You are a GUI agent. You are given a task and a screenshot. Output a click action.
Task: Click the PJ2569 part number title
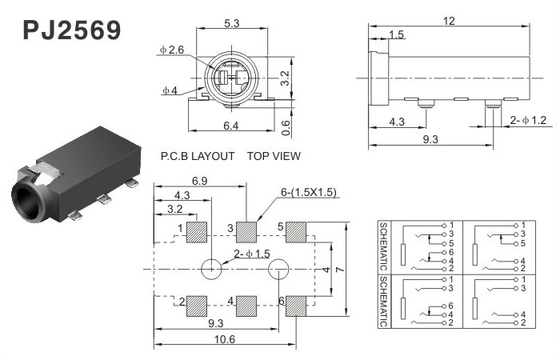[72, 30]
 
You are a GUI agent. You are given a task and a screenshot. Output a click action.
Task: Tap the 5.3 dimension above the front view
[231, 23]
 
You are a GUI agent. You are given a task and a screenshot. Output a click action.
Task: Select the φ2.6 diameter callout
[171, 50]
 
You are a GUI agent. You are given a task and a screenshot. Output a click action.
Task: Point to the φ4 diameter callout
[170, 90]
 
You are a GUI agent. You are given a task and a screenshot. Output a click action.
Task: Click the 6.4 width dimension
[230, 126]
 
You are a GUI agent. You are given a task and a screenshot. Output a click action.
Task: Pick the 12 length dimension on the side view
[449, 21]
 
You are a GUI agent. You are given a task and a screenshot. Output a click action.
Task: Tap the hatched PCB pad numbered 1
[197, 232]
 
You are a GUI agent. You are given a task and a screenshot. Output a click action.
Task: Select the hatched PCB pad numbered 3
[246, 232]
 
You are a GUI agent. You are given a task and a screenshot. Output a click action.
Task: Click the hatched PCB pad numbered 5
[296, 232]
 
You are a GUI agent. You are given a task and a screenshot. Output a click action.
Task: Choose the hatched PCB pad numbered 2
[197, 306]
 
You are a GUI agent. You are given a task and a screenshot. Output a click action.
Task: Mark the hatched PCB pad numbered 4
[246, 306]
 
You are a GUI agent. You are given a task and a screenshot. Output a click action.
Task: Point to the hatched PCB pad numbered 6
[296, 306]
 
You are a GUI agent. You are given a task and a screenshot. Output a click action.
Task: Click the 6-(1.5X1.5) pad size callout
[309, 192]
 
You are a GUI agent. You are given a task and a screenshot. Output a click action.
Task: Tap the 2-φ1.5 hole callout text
[252, 254]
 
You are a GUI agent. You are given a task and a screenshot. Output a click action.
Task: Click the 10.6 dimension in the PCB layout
[225, 339]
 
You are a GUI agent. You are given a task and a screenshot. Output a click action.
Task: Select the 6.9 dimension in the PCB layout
[200, 181]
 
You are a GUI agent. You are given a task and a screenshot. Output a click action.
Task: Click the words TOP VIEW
[274, 156]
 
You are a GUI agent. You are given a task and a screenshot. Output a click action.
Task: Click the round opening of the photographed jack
[26, 202]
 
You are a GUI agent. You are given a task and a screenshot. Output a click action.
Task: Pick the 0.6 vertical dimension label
[286, 127]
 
